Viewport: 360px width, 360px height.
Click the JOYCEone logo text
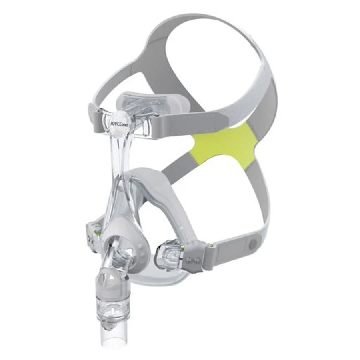(118, 123)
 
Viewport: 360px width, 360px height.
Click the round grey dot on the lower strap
(254, 242)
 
